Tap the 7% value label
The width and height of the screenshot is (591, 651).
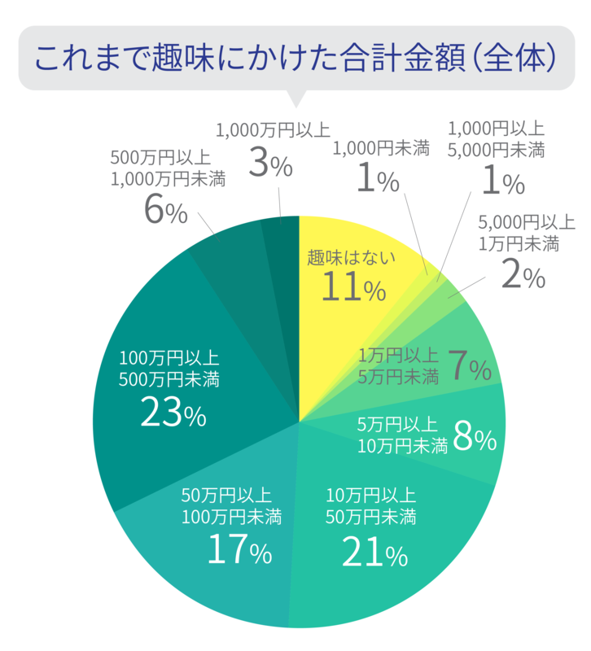(469, 368)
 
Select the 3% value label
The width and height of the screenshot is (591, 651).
(269, 164)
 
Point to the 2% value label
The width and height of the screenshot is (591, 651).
(522, 276)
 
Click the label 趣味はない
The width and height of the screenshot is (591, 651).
(351, 259)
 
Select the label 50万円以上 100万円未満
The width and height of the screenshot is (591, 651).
(231, 505)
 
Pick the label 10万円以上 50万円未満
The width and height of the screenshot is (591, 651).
(371, 505)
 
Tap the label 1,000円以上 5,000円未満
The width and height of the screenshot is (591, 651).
(497, 139)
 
